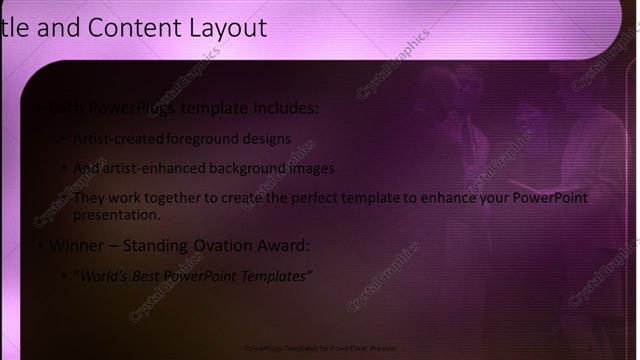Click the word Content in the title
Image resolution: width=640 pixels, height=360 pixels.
click(x=126, y=28)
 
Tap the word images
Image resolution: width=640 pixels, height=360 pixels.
click(x=310, y=169)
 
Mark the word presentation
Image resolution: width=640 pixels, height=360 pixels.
click(x=116, y=214)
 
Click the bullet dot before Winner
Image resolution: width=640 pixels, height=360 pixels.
click(x=38, y=246)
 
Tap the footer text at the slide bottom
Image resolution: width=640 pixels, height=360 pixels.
click(x=320, y=348)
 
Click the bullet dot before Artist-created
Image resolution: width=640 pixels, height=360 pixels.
click(x=65, y=140)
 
